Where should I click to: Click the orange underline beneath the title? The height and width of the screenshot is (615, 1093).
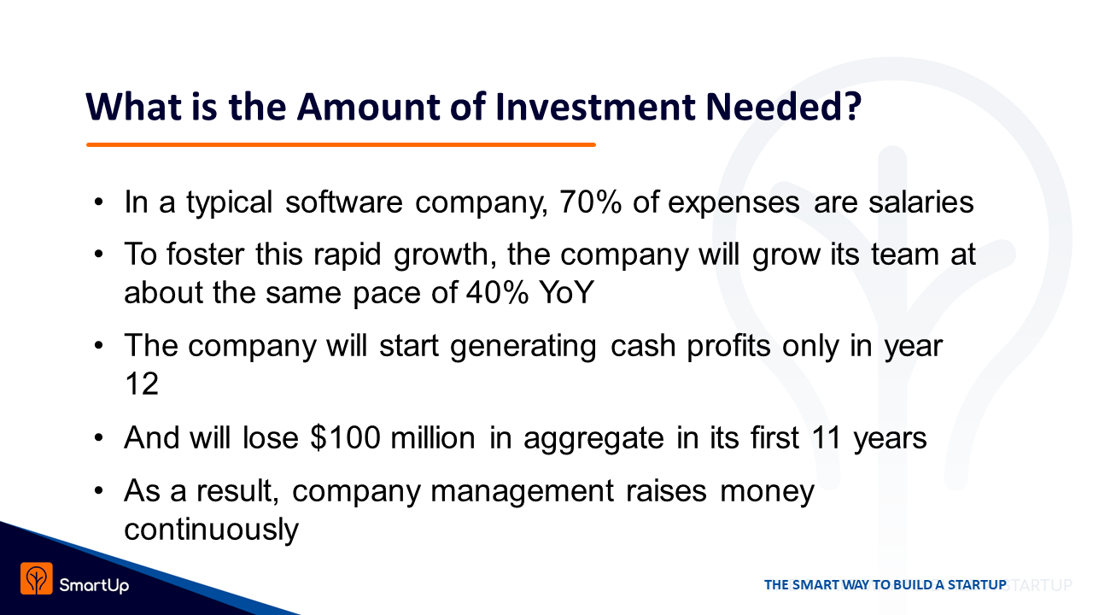341,144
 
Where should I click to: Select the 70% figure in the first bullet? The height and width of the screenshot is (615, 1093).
590,202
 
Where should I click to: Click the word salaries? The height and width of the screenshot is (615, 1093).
921,202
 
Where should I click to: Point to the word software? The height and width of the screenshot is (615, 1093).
344,202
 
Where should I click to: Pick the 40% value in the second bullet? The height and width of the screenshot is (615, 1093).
497,292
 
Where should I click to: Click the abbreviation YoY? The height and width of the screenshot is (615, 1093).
566,292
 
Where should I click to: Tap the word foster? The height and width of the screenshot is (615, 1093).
205,254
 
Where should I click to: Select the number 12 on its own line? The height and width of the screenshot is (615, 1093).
142,384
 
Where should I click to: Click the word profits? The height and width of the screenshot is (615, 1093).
729,347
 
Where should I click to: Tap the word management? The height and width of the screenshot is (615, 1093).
522,491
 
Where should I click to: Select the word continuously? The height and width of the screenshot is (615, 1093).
211,530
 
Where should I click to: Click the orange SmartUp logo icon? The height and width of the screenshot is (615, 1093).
37,578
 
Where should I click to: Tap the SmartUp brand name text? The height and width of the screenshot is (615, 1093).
94,585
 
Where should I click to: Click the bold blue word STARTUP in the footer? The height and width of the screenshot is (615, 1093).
977,584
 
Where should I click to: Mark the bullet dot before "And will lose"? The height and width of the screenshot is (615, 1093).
98,438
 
